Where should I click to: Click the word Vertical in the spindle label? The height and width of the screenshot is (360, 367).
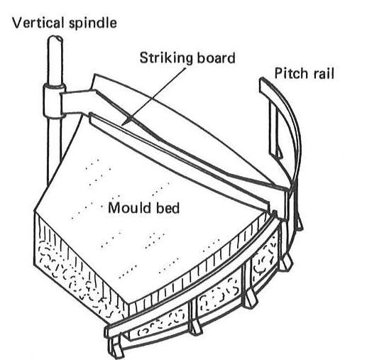(38, 23)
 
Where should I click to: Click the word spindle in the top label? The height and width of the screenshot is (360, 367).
(93, 24)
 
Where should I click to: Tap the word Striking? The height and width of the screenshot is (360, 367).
(166, 59)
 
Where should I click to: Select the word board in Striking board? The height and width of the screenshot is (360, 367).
(216, 58)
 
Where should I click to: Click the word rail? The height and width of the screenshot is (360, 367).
(324, 73)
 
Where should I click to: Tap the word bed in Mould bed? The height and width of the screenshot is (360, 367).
(168, 208)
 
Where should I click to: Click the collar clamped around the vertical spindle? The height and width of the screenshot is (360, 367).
(54, 101)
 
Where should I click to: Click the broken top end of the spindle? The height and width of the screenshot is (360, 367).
(55, 38)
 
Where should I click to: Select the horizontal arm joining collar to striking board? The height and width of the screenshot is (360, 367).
(77, 102)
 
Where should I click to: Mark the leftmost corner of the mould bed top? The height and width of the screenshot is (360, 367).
(35, 211)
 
